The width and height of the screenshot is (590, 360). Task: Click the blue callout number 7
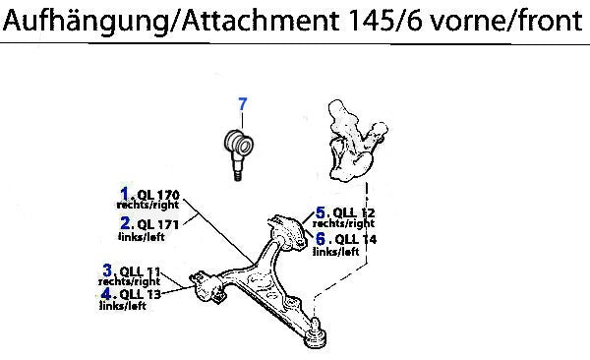pos(243,104)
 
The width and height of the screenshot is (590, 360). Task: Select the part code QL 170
pos(158,195)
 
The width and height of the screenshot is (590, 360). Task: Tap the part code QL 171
pos(158,224)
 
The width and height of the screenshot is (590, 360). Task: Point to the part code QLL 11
pos(140,271)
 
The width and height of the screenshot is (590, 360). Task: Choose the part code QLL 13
pos(140,294)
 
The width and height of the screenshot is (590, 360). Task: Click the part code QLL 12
pos(354,212)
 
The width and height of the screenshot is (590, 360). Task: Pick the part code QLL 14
pos(356,239)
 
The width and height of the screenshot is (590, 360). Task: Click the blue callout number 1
pos(125,194)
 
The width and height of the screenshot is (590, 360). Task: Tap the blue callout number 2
pos(125,223)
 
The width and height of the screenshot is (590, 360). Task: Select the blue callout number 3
pos(107,270)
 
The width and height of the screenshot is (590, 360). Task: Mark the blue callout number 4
pos(106,293)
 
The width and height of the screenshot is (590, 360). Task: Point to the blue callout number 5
pos(321,212)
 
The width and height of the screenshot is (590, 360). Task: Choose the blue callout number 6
pos(321,238)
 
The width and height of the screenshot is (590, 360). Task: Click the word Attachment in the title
pos(261,20)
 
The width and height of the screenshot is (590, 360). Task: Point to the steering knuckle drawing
pos(356,140)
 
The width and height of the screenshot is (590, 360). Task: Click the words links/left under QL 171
pos(142,237)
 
